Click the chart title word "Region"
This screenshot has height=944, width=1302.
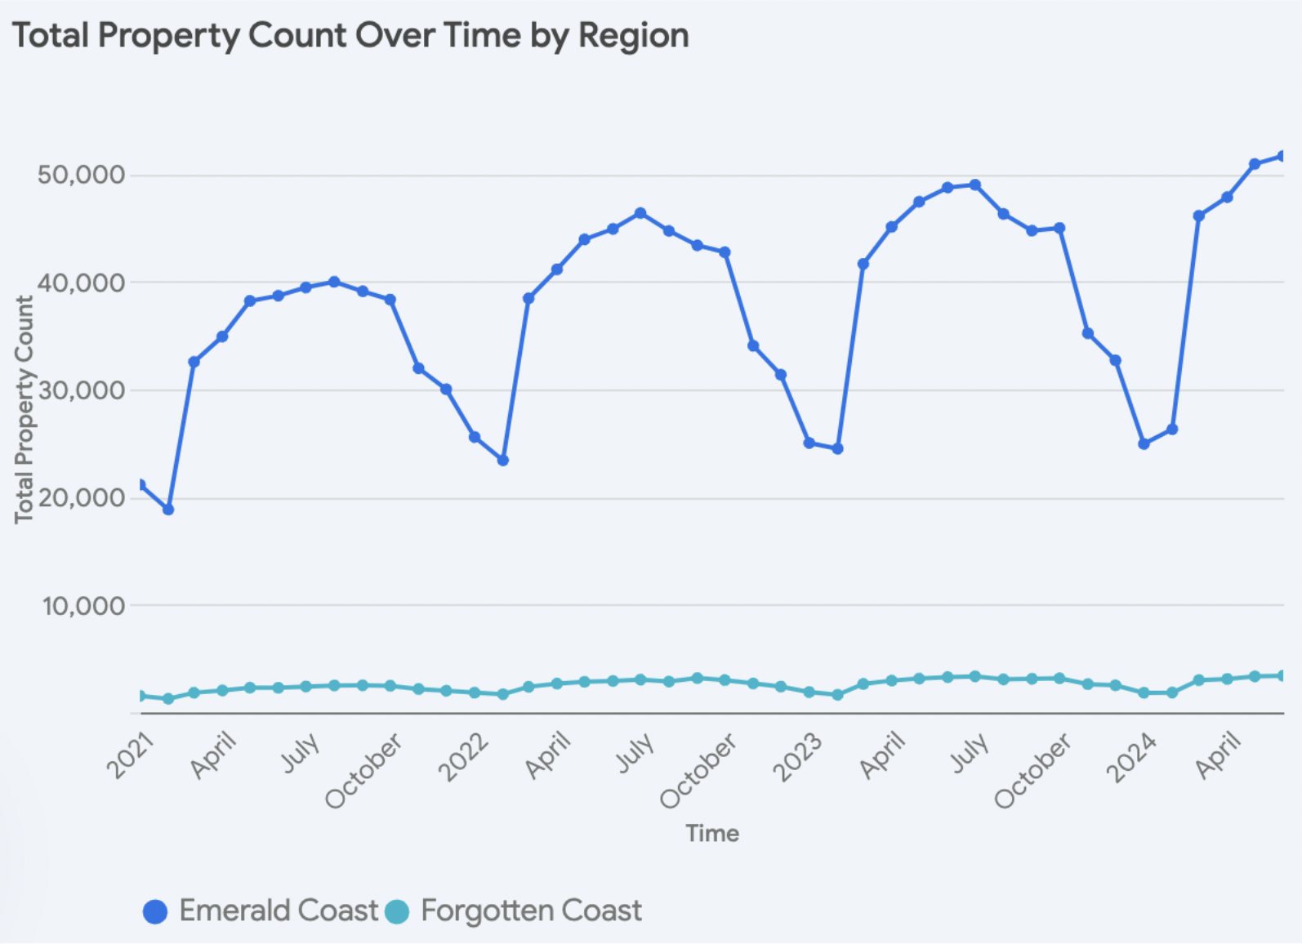coord(633,36)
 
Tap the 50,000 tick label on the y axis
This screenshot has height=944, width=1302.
coord(81,175)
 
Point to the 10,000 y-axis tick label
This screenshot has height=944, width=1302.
coord(84,606)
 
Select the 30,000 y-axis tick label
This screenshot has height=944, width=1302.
coord(81,390)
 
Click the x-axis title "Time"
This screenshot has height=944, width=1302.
coord(712,834)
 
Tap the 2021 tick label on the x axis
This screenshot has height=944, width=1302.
coord(131,756)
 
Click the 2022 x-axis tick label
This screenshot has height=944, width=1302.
coord(464,757)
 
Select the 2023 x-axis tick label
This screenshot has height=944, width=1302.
coord(798,757)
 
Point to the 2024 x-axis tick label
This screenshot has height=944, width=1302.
coord(1131,757)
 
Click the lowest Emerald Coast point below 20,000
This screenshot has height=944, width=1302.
coord(168,510)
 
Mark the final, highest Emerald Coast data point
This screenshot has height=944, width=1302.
coord(1282,156)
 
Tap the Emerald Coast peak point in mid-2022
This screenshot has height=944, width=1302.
coord(640,213)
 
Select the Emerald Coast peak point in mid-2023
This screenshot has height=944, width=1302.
coord(974,185)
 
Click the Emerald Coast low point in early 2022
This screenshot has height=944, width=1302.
coord(503,461)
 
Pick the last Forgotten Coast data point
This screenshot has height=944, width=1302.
coord(1282,675)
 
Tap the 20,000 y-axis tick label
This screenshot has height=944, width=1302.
coord(81,498)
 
